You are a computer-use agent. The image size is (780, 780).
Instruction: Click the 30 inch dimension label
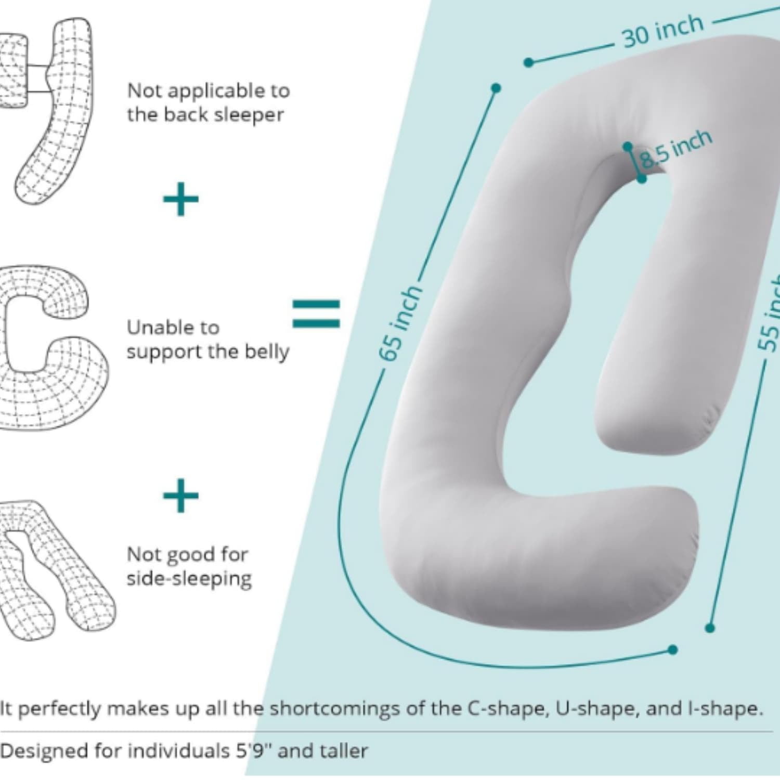click(x=663, y=31)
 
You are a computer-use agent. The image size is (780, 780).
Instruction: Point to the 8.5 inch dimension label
click(x=675, y=149)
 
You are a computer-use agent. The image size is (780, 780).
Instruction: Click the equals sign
click(x=316, y=314)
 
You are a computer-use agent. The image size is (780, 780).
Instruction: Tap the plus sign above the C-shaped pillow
click(x=180, y=199)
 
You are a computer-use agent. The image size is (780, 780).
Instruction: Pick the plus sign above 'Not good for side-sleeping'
click(x=180, y=496)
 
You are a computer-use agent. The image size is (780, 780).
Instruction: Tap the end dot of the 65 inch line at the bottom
click(x=673, y=649)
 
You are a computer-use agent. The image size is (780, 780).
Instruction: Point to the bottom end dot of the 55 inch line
click(x=710, y=628)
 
